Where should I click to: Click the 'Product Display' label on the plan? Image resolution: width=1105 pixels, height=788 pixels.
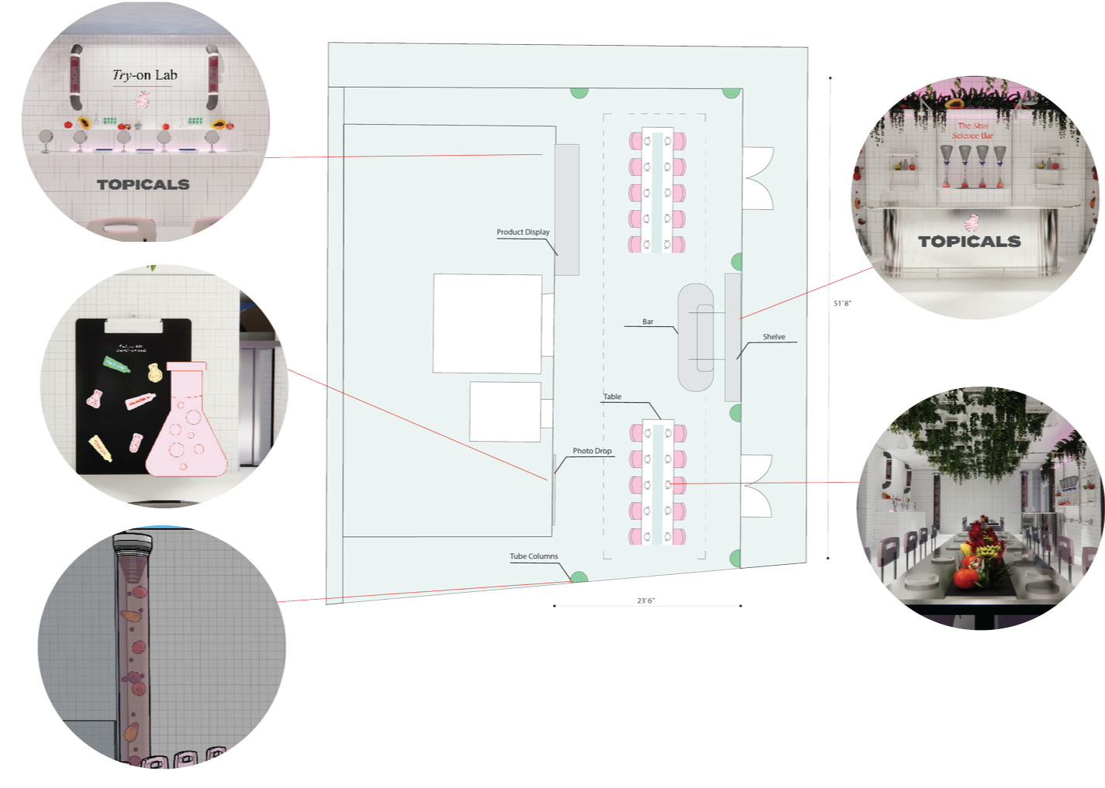pyautogui.click(x=523, y=232)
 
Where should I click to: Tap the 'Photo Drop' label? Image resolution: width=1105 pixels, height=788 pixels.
pyautogui.click(x=592, y=451)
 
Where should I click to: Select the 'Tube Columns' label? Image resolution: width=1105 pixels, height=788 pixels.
pyautogui.click(x=534, y=556)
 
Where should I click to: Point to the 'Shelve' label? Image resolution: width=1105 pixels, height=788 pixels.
pyautogui.click(x=774, y=337)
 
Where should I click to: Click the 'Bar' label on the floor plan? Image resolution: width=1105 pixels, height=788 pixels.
pyautogui.click(x=647, y=322)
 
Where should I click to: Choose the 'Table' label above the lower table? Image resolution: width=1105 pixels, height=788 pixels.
pyautogui.click(x=613, y=397)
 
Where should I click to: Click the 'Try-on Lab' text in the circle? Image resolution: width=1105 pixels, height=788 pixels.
pyautogui.click(x=145, y=75)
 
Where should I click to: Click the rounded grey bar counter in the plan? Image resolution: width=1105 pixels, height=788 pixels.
pyautogui.click(x=696, y=337)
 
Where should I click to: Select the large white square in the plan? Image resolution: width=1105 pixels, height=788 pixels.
pyautogui.click(x=487, y=323)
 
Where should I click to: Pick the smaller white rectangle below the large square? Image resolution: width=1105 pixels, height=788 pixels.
pyautogui.click(x=505, y=411)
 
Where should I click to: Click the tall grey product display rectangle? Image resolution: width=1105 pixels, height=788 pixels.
pyautogui.click(x=567, y=209)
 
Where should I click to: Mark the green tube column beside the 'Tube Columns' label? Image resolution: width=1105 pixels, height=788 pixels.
pyautogui.click(x=578, y=576)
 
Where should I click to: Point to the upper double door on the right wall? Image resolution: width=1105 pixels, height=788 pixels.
pyautogui.click(x=758, y=178)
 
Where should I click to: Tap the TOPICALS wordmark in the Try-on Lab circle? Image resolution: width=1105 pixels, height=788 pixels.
pyautogui.click(x=143, y=184)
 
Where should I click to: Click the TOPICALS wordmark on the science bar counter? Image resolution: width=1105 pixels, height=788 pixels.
pyautogui.click(x=969, y=241)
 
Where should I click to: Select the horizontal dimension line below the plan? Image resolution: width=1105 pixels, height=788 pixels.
pyautogui.click(x=647, y=605)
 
